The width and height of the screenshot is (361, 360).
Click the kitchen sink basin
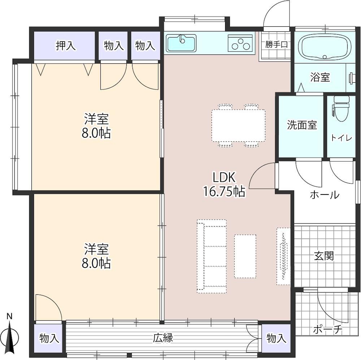click(x=181, y=43)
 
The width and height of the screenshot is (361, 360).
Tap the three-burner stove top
click(x=240, y=43)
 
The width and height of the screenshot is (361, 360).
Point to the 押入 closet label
click(x=66, y=45)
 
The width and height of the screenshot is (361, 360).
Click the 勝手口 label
click(x=276, y=44)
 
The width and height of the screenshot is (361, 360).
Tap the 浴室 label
click(x=320, y=77)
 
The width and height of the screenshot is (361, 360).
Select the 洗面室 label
click(x=302, y=125)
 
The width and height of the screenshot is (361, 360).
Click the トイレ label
click(x=342, y=138)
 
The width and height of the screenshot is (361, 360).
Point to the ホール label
click(x=325, y=195)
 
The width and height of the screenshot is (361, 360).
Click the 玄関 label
click(x=324, y=255)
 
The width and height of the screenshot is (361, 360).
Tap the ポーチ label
click(x=328, y=330)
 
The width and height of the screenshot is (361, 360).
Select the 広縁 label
click(x=163, y=338)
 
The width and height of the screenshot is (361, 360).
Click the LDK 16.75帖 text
click(x=223, y=185)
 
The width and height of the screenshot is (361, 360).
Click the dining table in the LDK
click(x=238, y=126)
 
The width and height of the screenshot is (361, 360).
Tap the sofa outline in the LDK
click(x=212, y=256)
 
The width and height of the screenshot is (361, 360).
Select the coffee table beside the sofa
click(x=245, y=256)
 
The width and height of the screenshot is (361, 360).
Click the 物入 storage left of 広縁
click(x=48, y=338)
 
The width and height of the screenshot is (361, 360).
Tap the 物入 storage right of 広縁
click(x=276, y=338)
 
